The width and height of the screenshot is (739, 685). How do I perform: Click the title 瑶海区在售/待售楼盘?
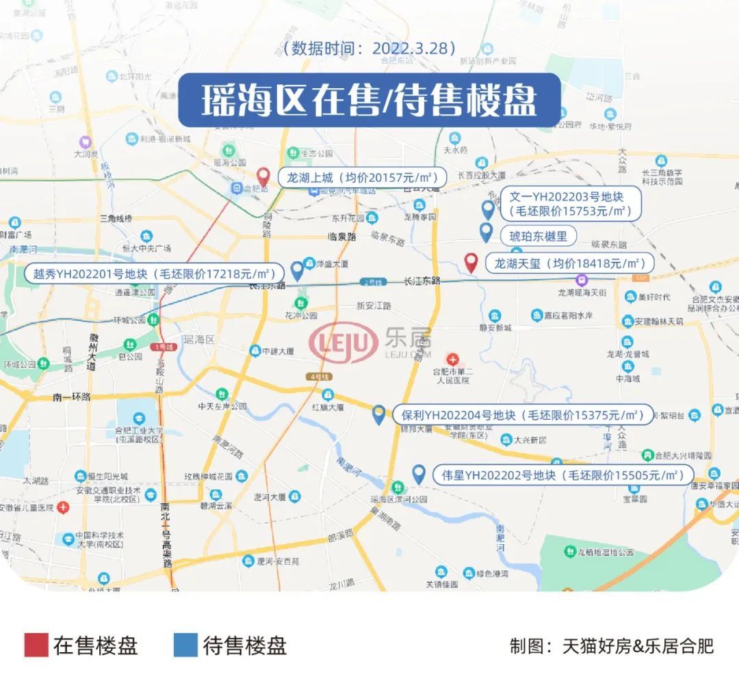click(369, 100)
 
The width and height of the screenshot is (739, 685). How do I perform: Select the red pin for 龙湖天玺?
click(471, 262)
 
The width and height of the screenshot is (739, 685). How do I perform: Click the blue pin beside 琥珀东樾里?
click(486, 232)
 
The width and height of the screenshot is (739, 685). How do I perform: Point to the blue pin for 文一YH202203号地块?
click(488, 209)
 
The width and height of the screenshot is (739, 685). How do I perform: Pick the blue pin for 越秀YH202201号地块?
click(297, 271)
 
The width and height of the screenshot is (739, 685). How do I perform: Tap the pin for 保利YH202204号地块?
click(378, 414)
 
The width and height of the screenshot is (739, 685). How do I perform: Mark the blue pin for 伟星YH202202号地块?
click(419, 474)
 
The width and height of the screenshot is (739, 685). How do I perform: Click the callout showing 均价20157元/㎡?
click(362, 177)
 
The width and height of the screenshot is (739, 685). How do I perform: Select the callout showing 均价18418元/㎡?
click(569, 263)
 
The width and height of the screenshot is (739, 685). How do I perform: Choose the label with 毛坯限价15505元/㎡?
click(563, 475)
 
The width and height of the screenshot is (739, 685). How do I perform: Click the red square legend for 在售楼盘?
click(36, 645)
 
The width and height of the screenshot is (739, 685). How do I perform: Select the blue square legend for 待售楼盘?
click(185, 645)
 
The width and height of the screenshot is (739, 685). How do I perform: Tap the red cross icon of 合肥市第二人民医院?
click(452, 358)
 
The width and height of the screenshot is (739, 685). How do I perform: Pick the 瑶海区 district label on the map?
click(200, 339)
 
